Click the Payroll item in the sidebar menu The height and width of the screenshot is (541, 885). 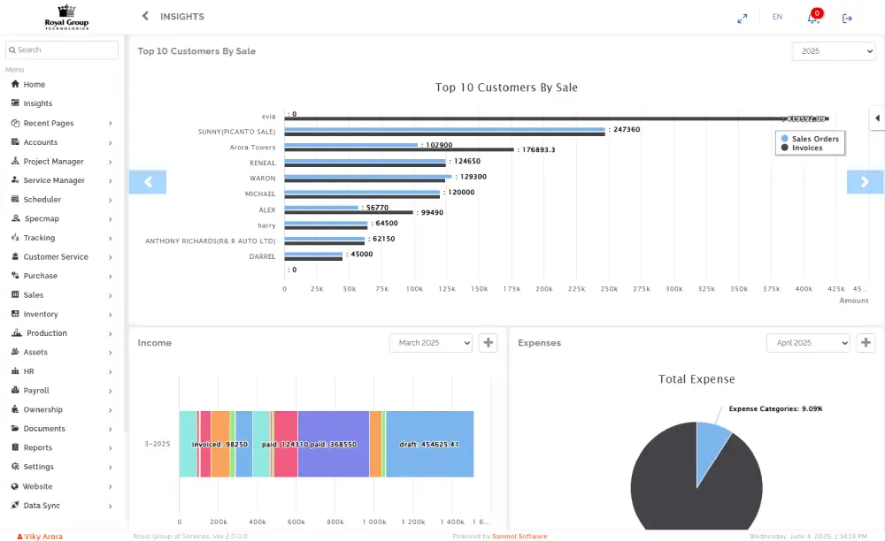coord(36,391)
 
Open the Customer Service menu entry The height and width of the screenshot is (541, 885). coord(56,257)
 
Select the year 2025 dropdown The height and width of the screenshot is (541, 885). coord(833,51)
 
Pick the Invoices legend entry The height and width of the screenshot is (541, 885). coord(806,149)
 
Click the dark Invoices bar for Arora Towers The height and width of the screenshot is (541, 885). coord(398,149)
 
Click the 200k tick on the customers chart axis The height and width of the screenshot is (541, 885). coord(544,289)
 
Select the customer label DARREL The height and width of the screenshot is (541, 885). coord(262,256)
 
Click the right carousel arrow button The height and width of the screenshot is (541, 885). coord(865,182)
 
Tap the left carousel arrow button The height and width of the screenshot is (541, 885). coord(148,182)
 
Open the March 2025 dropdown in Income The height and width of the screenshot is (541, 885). coord(430,343)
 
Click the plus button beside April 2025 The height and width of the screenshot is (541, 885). coord(866,343)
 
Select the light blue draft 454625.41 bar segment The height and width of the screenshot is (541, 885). coord(430,444)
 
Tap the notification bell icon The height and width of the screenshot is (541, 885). coord(813,18)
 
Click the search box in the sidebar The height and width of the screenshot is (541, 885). coord(62,50)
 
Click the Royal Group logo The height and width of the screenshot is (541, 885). coord(66,17)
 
